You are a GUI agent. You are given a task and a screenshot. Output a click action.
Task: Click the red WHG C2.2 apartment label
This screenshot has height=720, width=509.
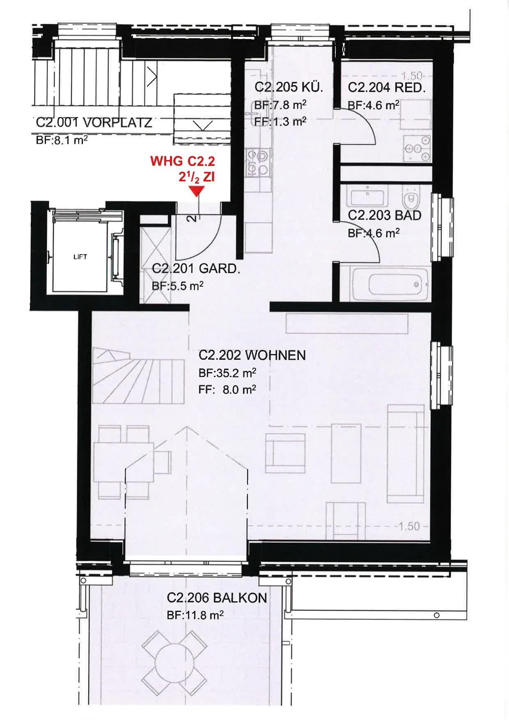coord(183,161)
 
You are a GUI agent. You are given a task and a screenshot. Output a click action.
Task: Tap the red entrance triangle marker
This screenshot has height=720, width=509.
coord(197,191)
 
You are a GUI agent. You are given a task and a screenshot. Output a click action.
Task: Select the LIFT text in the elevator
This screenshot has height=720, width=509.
coord(80,257)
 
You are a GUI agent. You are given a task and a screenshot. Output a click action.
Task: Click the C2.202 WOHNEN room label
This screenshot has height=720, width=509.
coord(252,355)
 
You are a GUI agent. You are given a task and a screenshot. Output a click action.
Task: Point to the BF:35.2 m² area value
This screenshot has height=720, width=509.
coord(227,373)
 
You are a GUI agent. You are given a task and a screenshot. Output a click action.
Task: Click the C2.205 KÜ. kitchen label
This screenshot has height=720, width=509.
coord(289,87)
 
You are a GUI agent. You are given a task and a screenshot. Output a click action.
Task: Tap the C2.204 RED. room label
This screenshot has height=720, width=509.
coord(387,87)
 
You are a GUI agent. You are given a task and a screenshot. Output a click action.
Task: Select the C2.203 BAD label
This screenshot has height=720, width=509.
coord(385,215)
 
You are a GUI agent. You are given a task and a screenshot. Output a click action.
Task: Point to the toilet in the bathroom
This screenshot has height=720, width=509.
coord(411,198)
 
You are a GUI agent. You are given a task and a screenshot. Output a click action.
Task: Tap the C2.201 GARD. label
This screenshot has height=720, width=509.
coord(196,269)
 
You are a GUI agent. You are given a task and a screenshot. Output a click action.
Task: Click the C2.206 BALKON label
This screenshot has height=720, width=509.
coord(217,598)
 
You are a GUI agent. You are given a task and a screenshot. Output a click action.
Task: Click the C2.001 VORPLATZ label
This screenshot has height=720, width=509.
coord(94,122)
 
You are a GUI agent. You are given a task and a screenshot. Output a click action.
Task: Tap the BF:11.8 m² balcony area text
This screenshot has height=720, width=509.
coord(195,615)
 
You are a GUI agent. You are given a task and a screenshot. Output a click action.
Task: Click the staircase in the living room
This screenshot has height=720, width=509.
coord(138,375)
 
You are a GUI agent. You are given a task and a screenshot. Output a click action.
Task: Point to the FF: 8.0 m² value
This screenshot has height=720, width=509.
coord(227,389)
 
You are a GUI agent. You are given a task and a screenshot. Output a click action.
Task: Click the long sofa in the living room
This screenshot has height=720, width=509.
coord(406,453)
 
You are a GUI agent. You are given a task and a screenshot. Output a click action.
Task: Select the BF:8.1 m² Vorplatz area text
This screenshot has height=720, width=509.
coord(62,140)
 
